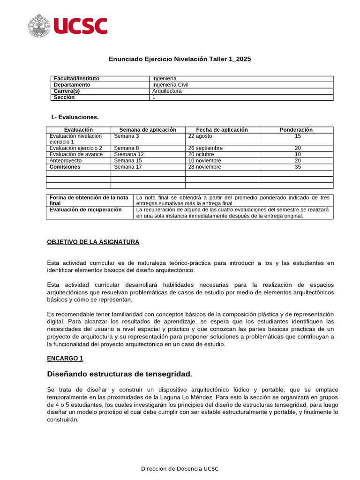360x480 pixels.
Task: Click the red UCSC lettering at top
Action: (x=81, y=26)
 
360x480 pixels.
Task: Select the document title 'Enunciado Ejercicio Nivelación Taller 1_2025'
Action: (x=180, y=59)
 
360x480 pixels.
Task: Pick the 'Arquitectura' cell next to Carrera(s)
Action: (x=167, y=91)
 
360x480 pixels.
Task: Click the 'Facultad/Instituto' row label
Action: (x=76, y=79)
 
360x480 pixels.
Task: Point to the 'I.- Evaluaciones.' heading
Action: (x=75, y=117)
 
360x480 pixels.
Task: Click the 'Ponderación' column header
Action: (x=296, y=130)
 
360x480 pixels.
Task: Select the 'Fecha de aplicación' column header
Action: (x=222, y=130)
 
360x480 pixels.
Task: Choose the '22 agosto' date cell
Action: (x=200, y=136)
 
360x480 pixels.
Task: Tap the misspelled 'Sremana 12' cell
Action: (x=129, y=154)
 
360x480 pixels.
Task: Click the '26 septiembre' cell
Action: (x=205, y=148)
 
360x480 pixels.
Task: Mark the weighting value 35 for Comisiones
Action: (x=298, y=166)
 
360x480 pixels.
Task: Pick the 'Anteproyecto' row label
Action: (x=65, y=160)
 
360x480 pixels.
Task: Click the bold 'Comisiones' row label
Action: (x=65, y=166)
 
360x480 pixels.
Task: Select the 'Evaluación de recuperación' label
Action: (x=85, y=210)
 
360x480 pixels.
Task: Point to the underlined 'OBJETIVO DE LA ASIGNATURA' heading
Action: (x=93, y=242)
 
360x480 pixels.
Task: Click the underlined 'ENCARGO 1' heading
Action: (x=65, y=358)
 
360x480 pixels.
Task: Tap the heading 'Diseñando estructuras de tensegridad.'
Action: (x=120, y=374)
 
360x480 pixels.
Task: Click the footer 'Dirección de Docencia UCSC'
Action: (x=180, y=469)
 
